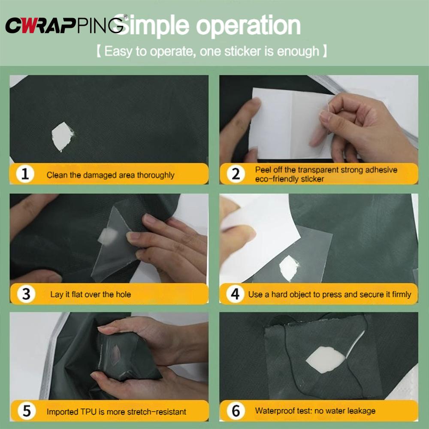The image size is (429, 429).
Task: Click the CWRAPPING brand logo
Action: click(65, 25)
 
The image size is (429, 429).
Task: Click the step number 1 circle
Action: click(25, 174)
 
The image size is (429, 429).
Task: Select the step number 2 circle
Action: click(236, 174)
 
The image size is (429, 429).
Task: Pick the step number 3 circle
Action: click(26, 294)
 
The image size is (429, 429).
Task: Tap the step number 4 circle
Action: click(235, 294)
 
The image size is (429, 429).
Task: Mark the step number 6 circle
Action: click(236, 411)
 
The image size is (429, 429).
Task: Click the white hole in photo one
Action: click(62, 136)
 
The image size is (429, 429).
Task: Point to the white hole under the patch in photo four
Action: click(289, 268)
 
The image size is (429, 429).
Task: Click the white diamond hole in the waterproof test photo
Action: click(326, 360)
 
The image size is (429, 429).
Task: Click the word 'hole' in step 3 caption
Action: click(123, 294)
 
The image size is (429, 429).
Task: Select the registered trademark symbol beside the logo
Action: click(125, 16)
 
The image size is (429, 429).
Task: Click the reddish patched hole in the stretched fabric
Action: click(115, 355)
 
